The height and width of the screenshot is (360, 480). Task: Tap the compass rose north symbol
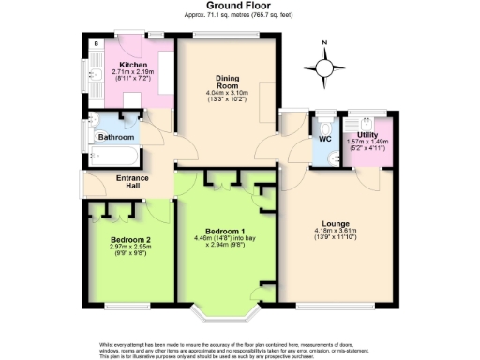click(324, 67)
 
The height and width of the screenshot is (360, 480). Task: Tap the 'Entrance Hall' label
click(132, 182)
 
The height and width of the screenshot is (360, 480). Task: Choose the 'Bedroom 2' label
click(129, 239)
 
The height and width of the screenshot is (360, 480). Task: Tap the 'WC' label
click(325, 139)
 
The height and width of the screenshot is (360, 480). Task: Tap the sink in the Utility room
click(360, 120)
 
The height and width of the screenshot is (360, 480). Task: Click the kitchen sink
click(94, 78)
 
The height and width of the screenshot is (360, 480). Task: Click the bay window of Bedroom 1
click(225, 310)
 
